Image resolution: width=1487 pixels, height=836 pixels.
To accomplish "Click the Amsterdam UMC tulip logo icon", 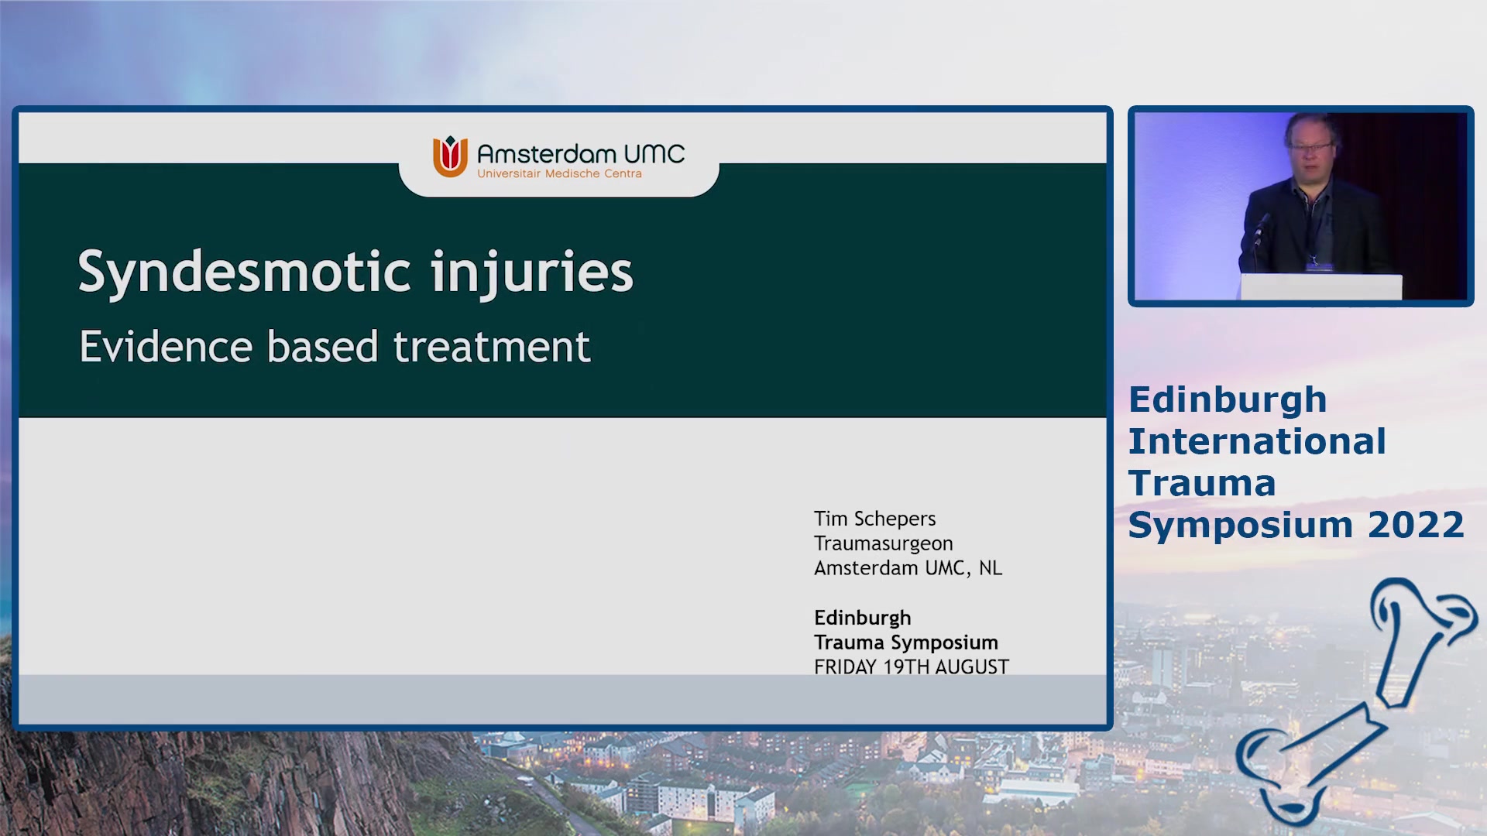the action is [450, 156].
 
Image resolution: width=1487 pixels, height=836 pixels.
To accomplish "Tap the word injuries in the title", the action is [532, 273].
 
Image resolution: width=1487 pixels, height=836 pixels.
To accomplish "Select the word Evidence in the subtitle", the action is [166, 346].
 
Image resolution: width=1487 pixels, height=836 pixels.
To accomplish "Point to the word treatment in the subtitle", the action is [492, 346].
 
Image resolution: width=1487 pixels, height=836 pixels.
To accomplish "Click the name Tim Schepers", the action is [874, 519].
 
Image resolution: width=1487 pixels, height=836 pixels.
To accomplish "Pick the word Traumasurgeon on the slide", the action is [883, 543].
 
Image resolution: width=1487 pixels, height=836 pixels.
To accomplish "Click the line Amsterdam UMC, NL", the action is [908, 568].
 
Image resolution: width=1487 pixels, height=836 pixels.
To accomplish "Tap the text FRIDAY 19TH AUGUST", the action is [911, 667].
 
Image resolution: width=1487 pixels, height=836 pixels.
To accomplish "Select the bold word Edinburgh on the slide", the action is [862, 618].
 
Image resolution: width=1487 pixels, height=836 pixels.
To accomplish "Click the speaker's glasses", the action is [1310, 146].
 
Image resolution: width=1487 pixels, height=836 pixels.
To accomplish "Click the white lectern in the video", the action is [1321, 287].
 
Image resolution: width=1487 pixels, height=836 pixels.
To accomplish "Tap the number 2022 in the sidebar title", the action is [1416, 524].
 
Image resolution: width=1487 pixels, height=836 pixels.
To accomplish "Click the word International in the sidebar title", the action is [1257, 441].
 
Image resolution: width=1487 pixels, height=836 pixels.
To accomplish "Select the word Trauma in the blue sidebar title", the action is [1202, 483].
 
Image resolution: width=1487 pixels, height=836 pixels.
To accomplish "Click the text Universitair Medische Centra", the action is [559, 173].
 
